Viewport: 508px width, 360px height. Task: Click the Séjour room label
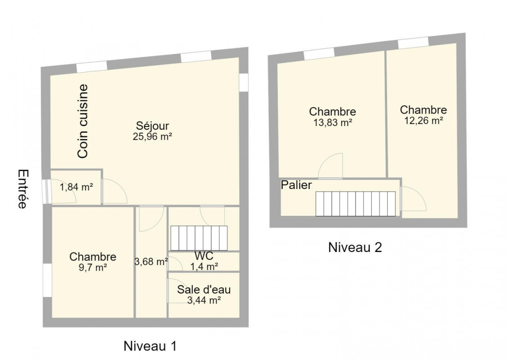[x=152, y=126]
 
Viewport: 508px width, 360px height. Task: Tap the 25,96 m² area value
[x=152, y=136]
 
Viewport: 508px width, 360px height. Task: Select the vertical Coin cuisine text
[x=83, y=121]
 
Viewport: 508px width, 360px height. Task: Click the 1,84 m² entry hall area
[x=76, y=187]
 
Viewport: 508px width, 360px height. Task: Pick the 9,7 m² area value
[x=93, y=268]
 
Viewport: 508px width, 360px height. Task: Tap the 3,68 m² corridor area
[x=151, y=261]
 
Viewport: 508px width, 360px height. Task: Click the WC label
[x=204, y=256]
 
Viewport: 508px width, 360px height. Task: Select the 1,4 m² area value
[x=204, y=266]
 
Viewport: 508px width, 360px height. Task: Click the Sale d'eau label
[x=204, y=290]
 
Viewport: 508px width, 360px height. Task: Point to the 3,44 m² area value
[x=204, y=300]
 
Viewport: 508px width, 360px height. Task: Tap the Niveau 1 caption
[x=150, y=346]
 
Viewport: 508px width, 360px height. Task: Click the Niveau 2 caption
[x=355, y=247]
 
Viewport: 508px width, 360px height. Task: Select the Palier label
[x=296, y=185]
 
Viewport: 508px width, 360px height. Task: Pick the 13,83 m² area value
[x=333, y=122]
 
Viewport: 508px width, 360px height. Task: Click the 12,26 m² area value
[x=423, y=121]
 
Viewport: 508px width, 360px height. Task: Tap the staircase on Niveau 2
[x=356, y=204]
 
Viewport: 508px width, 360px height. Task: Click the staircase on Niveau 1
[x=199, y=238]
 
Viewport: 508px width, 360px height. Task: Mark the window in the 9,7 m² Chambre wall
[x=47, y=280]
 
